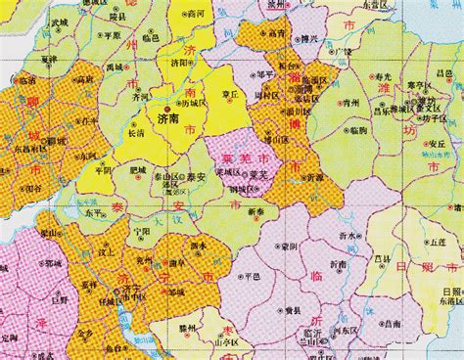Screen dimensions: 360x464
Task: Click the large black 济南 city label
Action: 168,117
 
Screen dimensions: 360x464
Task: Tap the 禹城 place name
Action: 116,67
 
